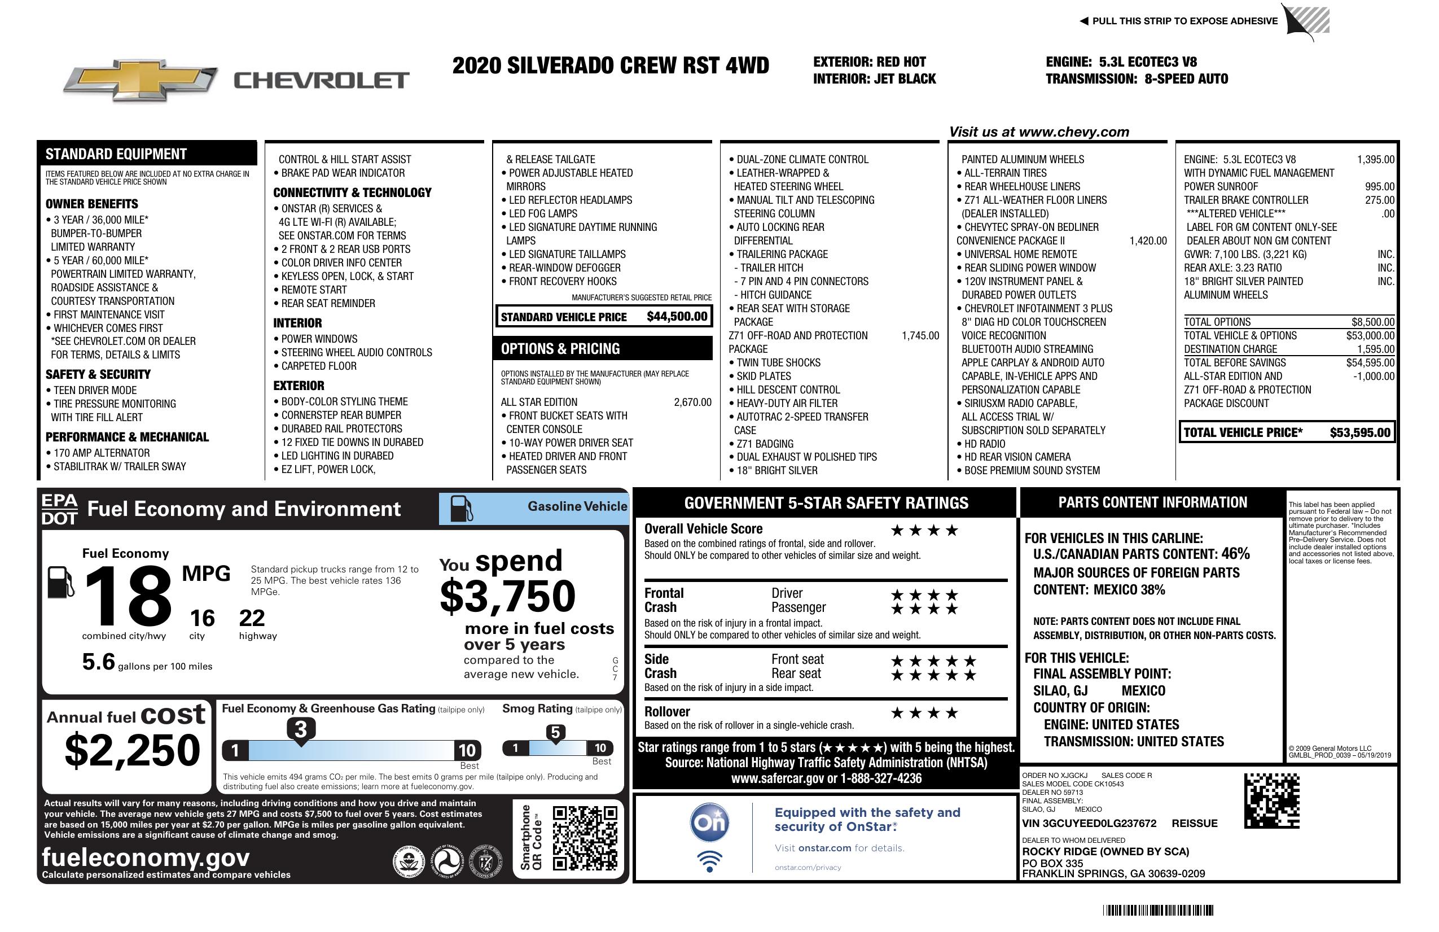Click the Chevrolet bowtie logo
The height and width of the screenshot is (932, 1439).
(141, 80)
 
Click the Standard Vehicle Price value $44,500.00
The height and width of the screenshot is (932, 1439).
(677, 316)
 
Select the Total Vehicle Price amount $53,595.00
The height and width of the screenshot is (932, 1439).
(1360, 432)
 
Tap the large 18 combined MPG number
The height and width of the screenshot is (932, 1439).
(128, 596)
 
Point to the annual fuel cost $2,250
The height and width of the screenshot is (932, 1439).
(132, 750)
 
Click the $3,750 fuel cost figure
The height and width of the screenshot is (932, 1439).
(507, 596)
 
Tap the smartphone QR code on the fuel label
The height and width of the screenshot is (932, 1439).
(585, 838)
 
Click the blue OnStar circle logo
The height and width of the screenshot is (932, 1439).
(710, 822)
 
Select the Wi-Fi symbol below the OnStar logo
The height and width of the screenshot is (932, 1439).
(710, 861)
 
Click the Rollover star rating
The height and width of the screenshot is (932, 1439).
(924, 714)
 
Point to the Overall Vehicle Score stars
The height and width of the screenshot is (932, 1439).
(924, 531)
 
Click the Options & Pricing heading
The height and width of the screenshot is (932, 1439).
(560, 349)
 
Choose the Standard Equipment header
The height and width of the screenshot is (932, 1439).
(116, 154)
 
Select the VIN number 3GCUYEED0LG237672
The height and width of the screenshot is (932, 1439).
(1089, 824)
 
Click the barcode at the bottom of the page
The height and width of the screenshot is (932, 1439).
(1158, 910)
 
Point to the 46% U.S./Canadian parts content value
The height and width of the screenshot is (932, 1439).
(1235, 554)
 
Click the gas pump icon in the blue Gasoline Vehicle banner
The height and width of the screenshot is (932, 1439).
(462, 509)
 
